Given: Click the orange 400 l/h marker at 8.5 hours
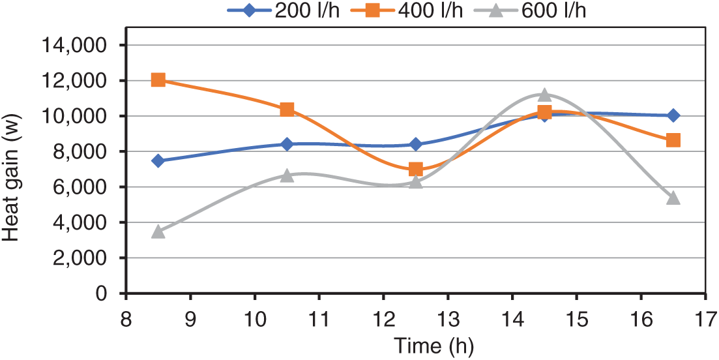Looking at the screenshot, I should coord(158,80).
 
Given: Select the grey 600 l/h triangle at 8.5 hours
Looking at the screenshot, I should coord(158,231).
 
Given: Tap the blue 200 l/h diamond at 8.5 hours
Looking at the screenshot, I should coord(158,160).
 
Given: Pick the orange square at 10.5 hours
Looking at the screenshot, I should coord(287,110).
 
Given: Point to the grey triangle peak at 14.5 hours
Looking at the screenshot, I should coord(545,95).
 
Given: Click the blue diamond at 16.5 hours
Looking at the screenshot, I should coord(673,115).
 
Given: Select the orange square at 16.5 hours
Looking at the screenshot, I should coord(673,140).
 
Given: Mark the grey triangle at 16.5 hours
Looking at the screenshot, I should coord(673,198).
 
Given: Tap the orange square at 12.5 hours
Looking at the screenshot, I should coord(416,170).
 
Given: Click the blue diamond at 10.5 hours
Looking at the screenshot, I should coord(287,144).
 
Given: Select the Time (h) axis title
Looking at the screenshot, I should coord(415,346).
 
